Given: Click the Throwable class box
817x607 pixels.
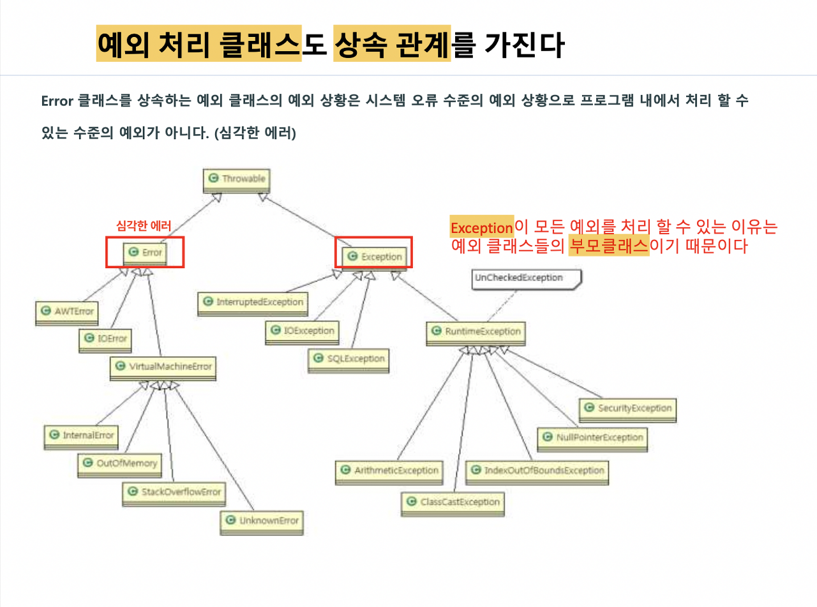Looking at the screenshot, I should pyautogui.click(x=237, y=179).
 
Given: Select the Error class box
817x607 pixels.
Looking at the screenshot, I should pyautogui.click(x=146, y=253).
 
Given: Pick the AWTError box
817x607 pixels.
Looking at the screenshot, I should pyautogui.click(x=66, y=311).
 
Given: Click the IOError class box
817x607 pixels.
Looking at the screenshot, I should pyautogui.click(x=105, y=338).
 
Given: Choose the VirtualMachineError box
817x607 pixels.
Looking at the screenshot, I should pyautogui.click(x=163, y=367).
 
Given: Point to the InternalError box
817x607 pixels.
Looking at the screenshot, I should pyautogui.click(x=81, y=435).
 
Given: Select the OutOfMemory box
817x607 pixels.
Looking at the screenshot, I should pyautogui.click(x=119, y=463).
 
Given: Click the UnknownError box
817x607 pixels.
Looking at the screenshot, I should pyautogui.click(x=262, y=521).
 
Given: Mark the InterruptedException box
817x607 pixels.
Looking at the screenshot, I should pyautogui.click(x=252, y=302).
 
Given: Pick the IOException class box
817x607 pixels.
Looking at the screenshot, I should pyautogui.click(x=303, y=331).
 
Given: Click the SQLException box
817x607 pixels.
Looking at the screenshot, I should pyautogui.click(x=349, y=359).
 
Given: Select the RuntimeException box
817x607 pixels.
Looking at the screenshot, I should pyautogui.click(x=476, y=331).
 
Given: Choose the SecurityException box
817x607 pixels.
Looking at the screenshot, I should pyautogui.click(x=627, y=408).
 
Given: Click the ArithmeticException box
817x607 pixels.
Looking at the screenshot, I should pyautogui.click(x=389, y=471).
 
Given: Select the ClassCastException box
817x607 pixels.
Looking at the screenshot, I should pyautogui.click(x=453, y=502).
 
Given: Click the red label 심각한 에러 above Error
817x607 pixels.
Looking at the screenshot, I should pyautogui.click(x=144, y=225).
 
